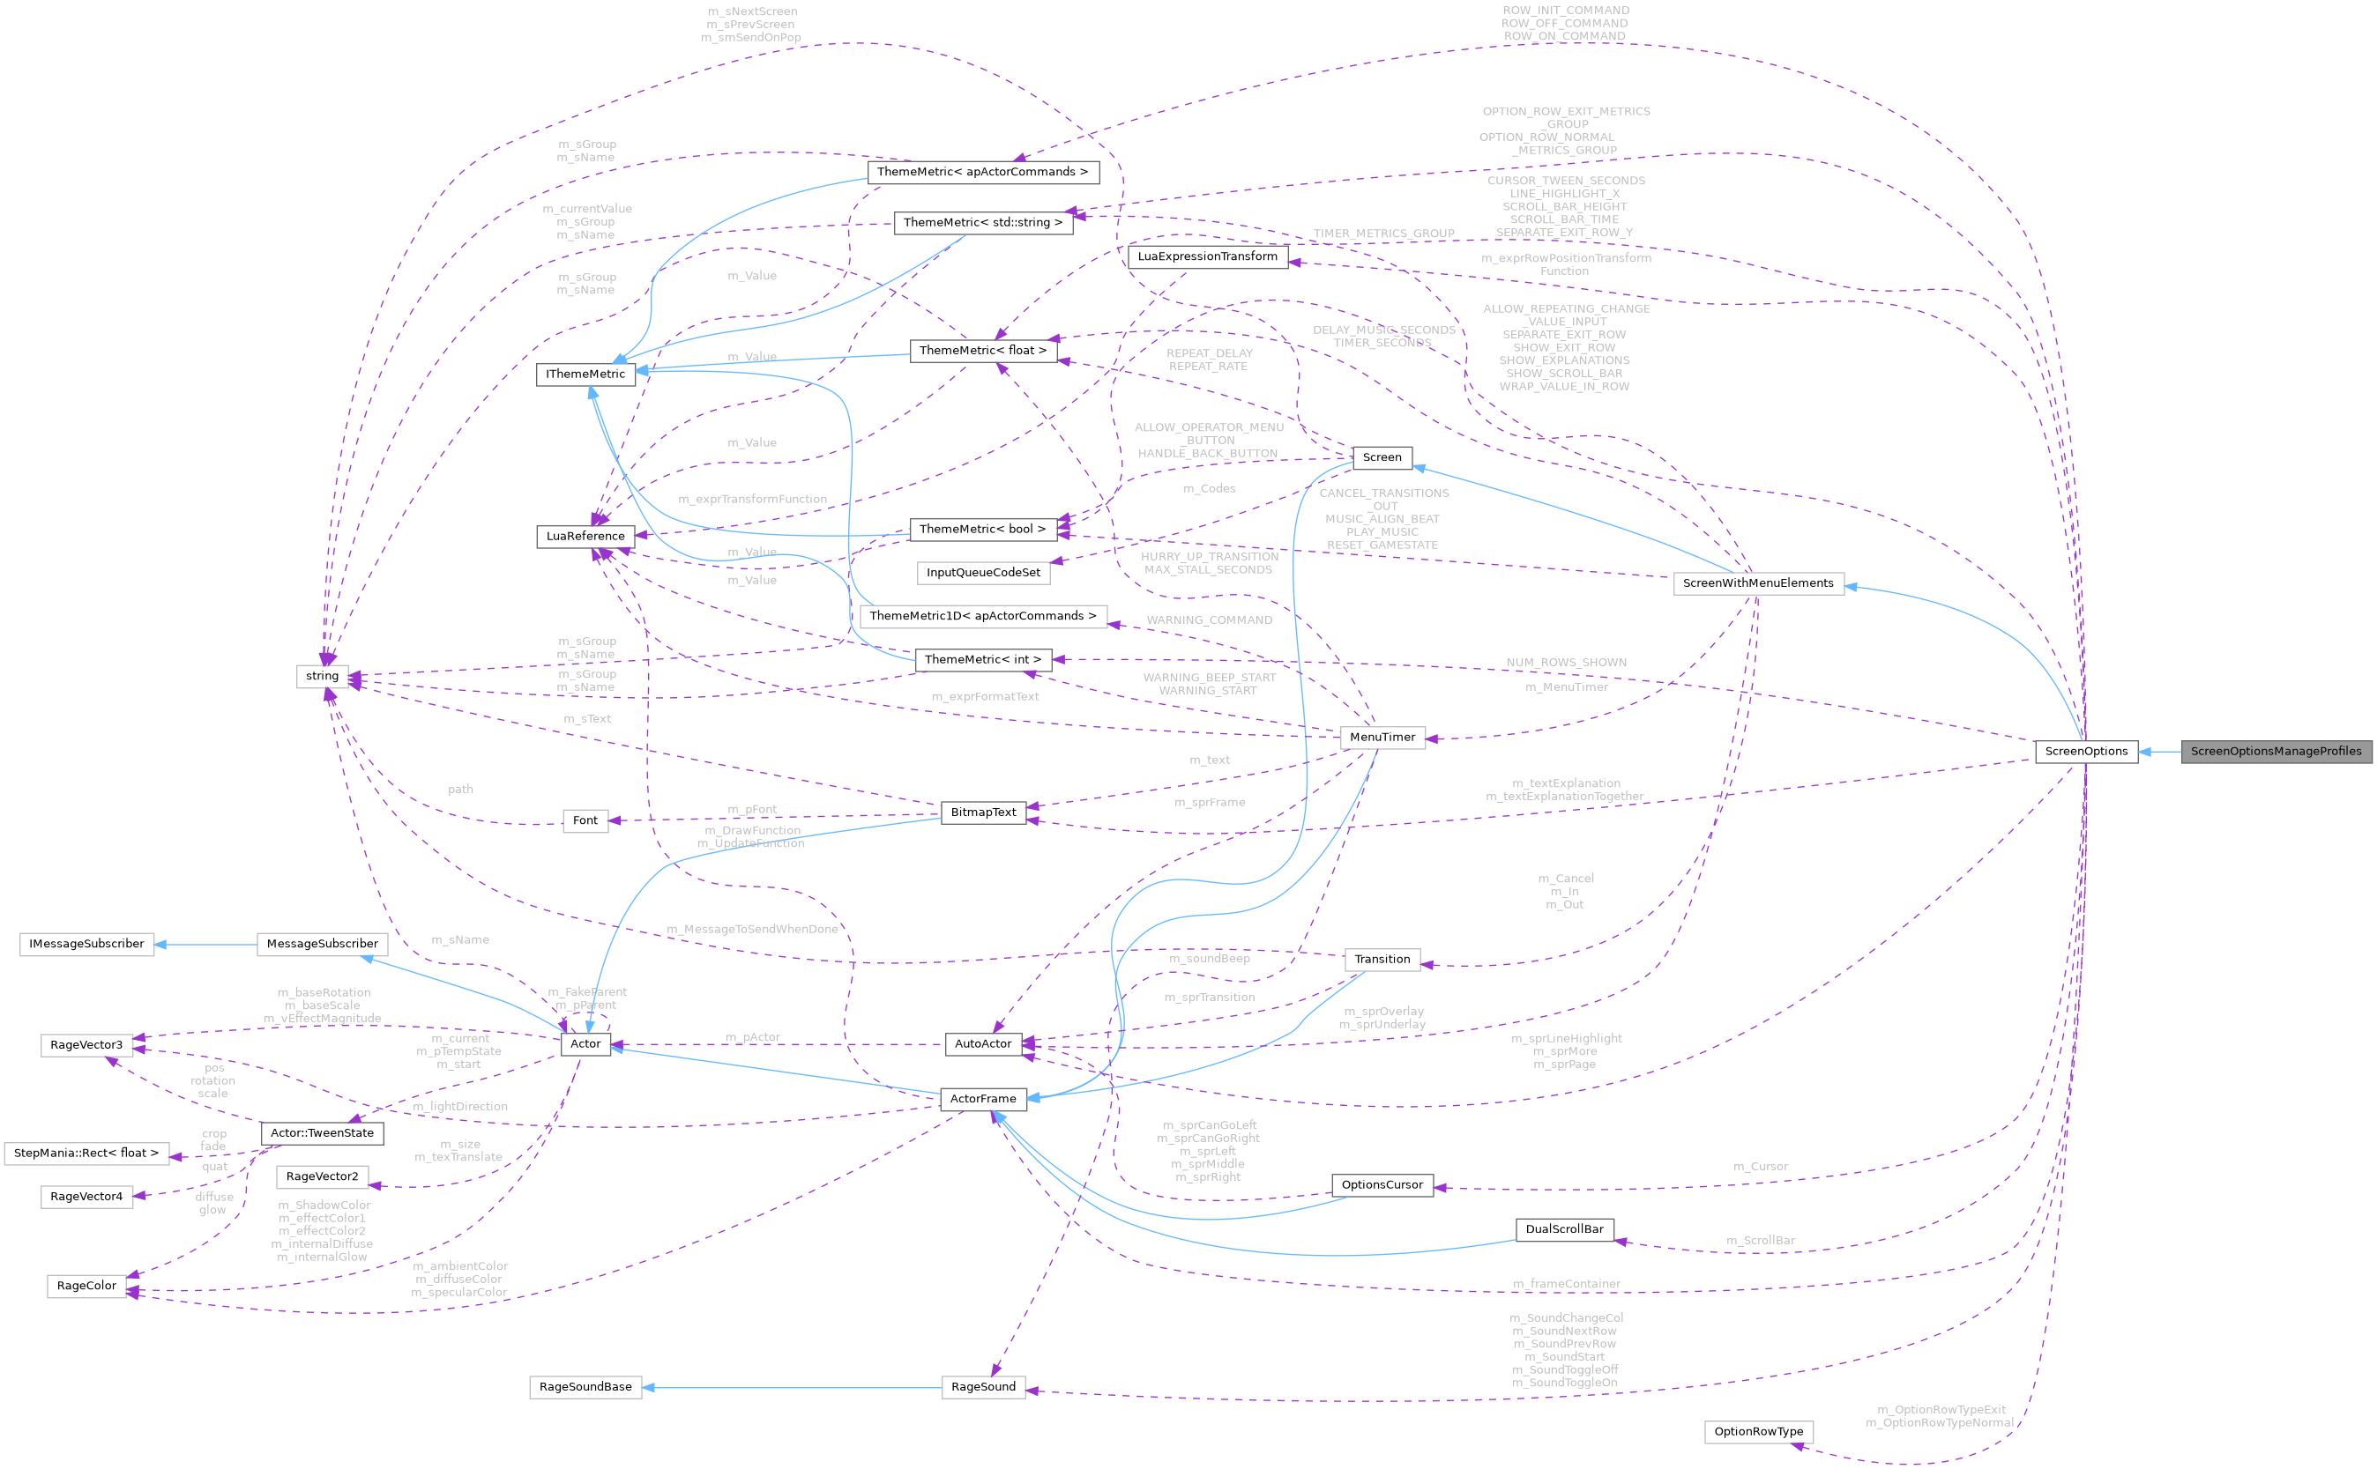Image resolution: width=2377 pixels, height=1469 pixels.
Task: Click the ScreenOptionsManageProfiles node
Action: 2275,751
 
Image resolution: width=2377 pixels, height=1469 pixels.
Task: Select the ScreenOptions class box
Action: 2085,751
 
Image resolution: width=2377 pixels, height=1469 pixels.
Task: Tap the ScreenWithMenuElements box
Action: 1757,583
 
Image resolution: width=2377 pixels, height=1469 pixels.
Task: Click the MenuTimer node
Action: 1382,738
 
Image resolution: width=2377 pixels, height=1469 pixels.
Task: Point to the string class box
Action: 322,675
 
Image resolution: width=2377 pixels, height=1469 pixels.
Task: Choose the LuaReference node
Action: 585,537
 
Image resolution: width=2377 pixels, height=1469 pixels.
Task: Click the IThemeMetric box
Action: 585,374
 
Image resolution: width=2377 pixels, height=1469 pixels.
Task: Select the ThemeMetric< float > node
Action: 982,350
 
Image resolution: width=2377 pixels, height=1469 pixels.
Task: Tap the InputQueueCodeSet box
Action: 982,572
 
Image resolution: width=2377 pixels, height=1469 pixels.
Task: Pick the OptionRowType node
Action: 1758,1431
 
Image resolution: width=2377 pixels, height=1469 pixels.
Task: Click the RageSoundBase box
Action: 585,1386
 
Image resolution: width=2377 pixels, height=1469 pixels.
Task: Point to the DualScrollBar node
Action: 1563,1229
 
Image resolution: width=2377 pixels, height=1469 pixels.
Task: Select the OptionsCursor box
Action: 1382,1184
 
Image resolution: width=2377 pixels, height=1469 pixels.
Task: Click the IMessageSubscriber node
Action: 86,944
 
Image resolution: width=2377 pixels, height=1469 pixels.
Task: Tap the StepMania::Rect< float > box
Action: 86,1154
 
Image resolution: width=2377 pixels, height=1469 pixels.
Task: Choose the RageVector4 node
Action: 86,1196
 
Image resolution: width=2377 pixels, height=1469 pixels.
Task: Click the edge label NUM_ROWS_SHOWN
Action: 1566,663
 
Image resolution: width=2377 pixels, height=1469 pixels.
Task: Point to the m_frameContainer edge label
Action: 1566,1285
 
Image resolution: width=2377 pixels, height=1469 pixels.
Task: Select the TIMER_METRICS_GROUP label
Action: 1382,234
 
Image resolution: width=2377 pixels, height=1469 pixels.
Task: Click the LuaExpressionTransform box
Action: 1207,256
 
